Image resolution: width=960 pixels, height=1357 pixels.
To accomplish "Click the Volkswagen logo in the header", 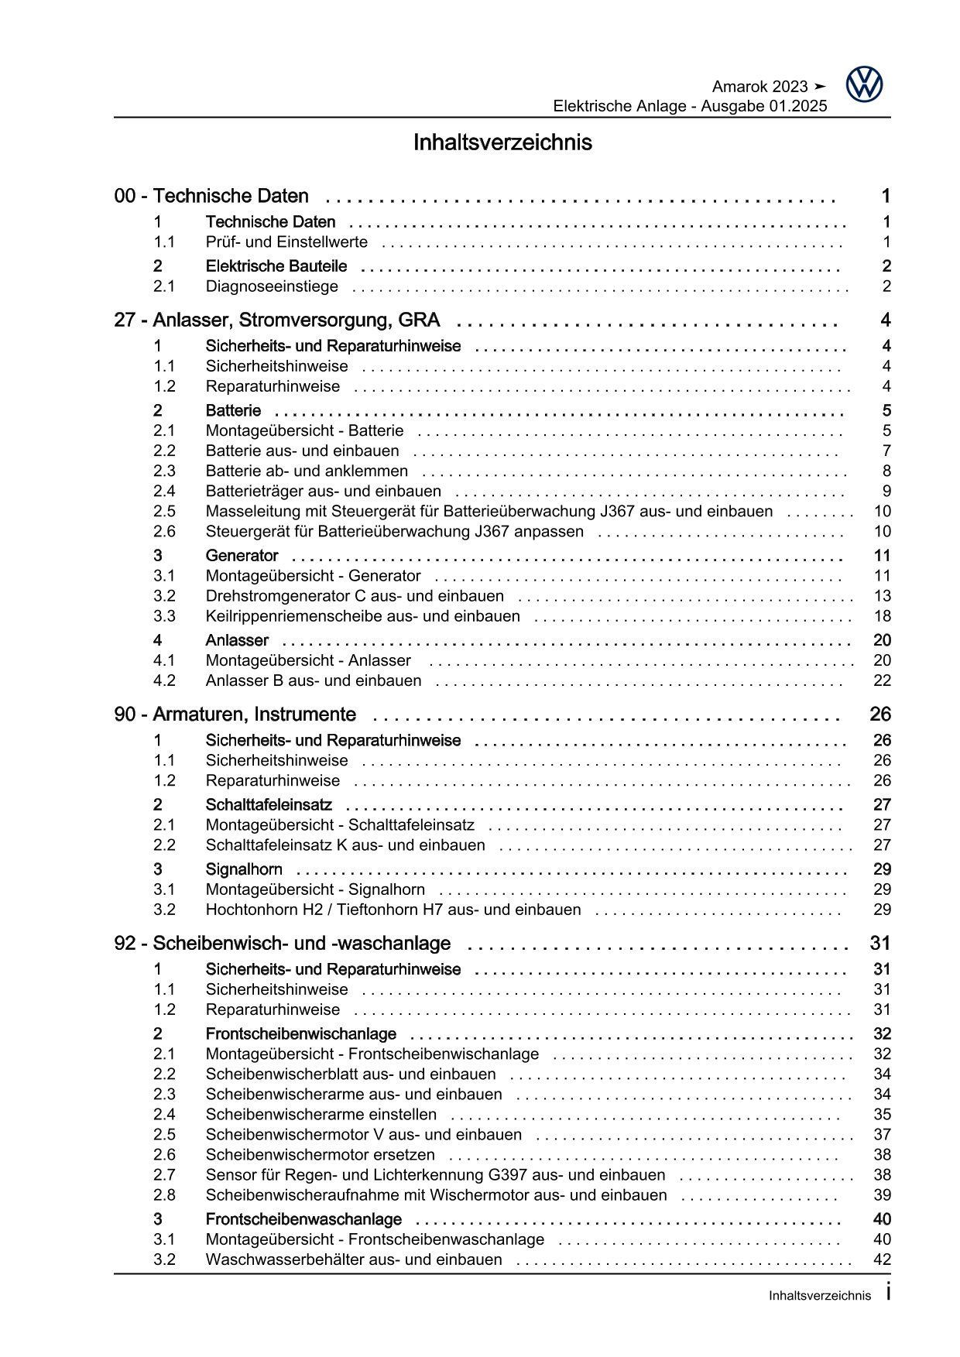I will click(864, 84).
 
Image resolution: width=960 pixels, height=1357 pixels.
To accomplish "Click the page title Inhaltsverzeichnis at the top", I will click(502, 143).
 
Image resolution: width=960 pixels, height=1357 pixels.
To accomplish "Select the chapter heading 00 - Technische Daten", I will click(211, 197).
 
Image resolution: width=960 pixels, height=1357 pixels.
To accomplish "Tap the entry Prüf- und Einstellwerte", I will click(286, 242).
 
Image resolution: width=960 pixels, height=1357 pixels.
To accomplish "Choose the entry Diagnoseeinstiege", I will click(272, 286).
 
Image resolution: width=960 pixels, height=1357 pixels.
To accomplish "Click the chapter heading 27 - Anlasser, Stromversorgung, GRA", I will click(277, 320).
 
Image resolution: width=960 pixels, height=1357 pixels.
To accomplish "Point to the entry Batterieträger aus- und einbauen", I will click(323, 491).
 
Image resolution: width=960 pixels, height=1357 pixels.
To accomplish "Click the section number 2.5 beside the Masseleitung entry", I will click(164, 511).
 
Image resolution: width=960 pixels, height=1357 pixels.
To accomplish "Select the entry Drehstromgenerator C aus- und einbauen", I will click(355, 596).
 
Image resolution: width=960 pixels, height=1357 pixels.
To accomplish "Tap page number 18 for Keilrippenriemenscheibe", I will click(882, 616).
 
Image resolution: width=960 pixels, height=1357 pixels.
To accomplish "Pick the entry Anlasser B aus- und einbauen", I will click(314, 680).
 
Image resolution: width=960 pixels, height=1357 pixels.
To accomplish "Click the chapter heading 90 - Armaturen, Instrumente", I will click(235, 714).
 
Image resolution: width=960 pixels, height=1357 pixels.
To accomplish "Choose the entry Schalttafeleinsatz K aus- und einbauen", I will click(345, 845).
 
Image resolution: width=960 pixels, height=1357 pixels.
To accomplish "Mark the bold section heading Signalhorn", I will click(244, 869).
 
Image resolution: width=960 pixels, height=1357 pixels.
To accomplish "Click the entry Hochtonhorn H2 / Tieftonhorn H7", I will click(393, 910).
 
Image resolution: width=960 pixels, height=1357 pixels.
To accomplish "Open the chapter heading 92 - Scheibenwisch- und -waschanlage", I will click(283, 943).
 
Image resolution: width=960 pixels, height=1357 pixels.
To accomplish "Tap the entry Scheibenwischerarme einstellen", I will click(321, 1115).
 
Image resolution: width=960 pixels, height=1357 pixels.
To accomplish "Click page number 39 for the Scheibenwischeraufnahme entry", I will click(882, 1195).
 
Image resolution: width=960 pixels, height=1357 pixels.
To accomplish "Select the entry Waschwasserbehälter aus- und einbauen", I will click(354, 1259).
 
